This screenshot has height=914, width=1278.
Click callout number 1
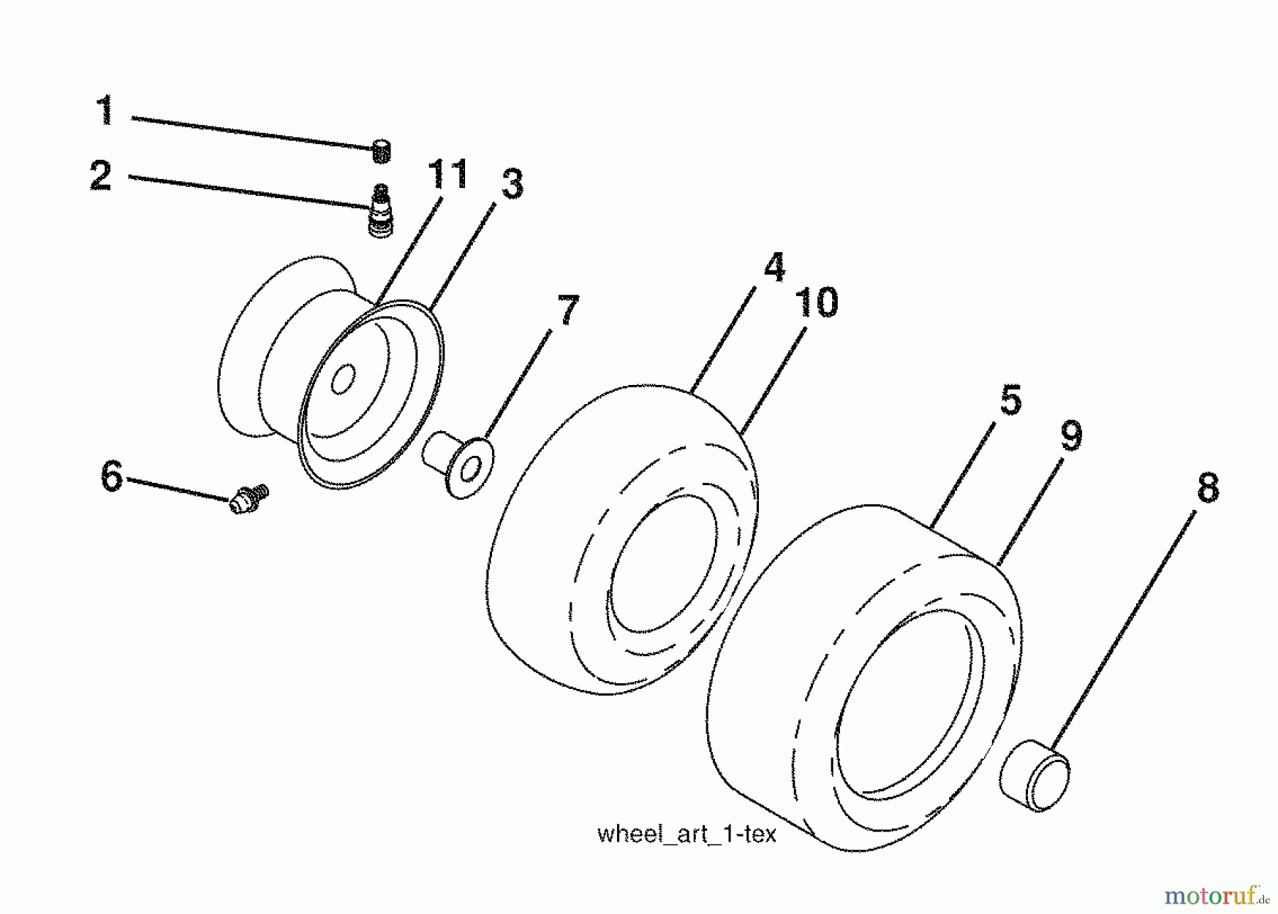tap(105, 110)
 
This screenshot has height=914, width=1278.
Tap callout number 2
tap(102, 175)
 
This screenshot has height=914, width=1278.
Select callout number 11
tap(448, 175)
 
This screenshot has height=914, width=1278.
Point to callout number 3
tap(512, 184)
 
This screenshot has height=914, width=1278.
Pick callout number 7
tap(568, 310)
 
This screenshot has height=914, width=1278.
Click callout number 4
tap(775, 267)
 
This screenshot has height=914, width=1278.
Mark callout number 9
tap(1071, 435)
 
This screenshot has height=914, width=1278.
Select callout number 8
tap(1208, 488)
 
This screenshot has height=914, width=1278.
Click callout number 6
tap(112, 476)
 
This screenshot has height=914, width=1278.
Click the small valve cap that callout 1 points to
tap(381, 151)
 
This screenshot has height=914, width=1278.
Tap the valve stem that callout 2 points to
tap(381, 211)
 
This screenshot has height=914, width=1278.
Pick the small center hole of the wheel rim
tap(343, 380)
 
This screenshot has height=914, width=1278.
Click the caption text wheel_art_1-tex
tap(687, 834)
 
